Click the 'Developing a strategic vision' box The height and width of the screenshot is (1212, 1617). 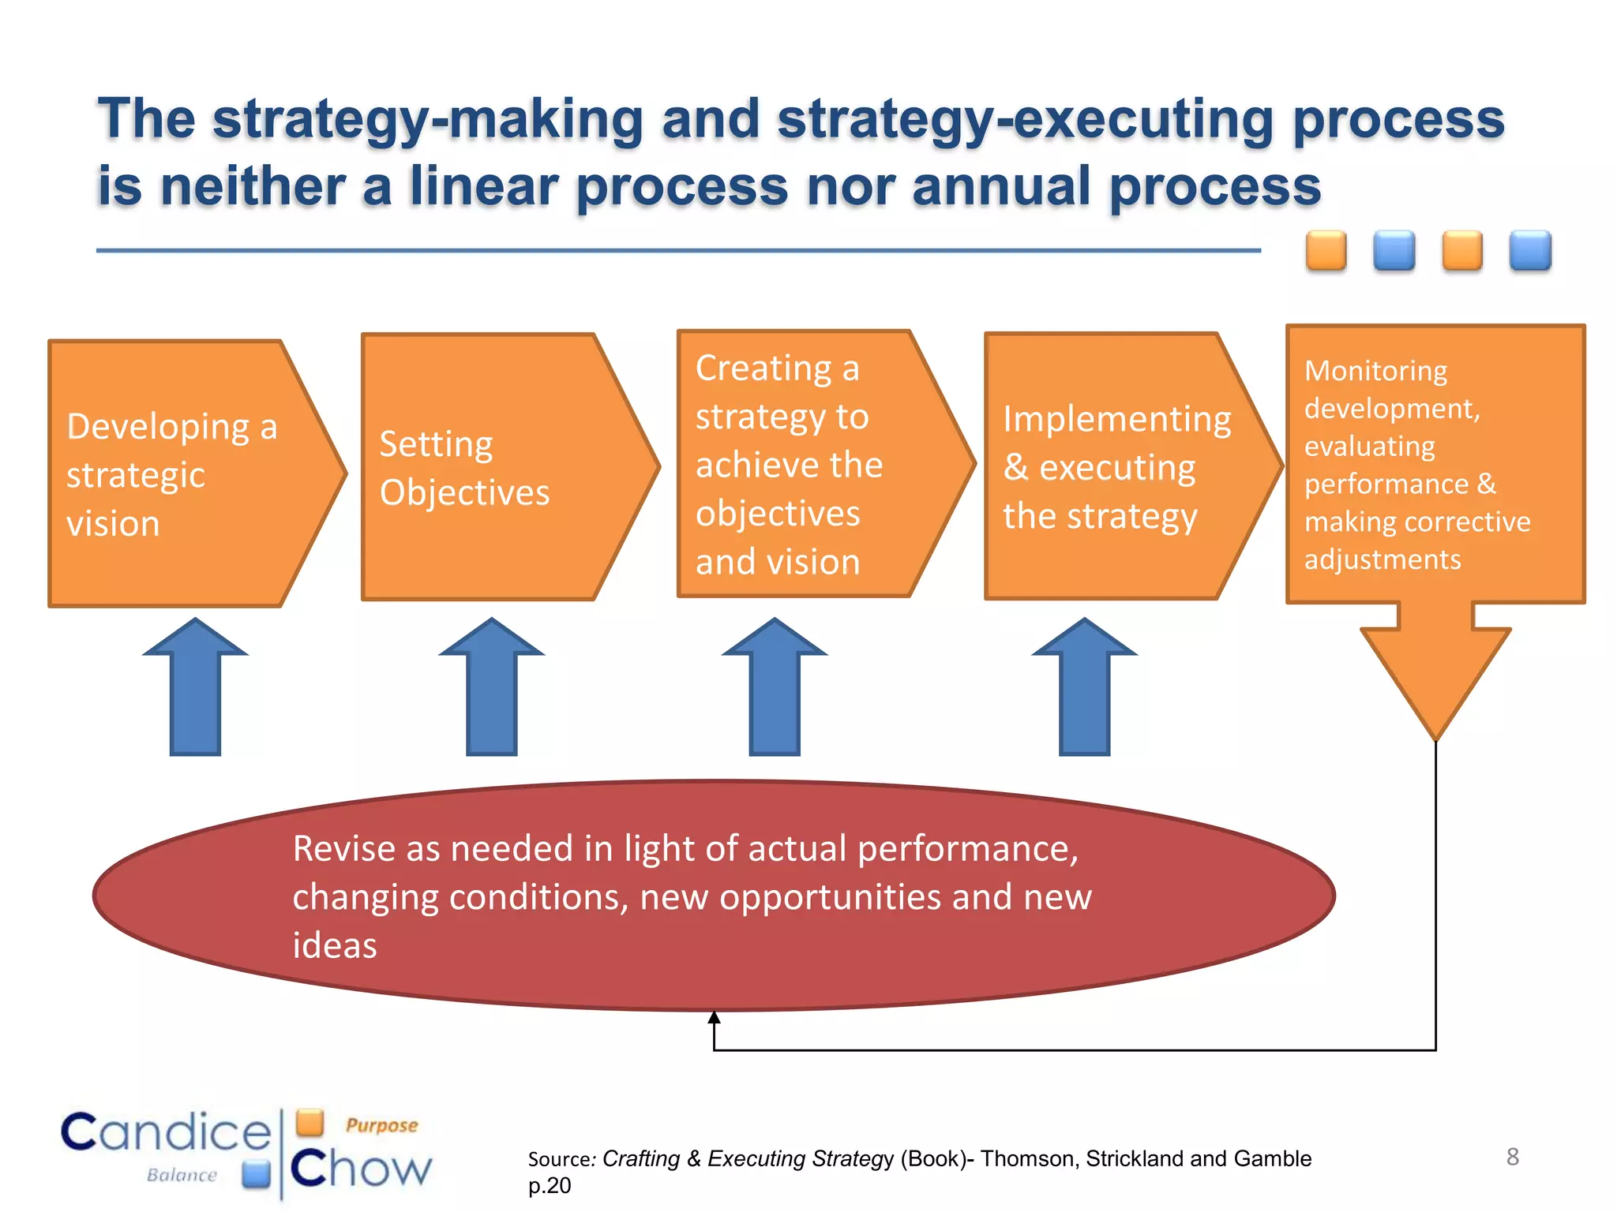(182, 473)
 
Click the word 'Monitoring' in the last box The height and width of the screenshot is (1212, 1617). (1375, 371)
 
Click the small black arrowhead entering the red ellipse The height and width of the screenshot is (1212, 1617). (714, 1018)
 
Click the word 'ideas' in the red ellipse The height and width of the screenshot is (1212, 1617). (335, 946)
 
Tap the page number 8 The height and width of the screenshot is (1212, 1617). (1512, 1157)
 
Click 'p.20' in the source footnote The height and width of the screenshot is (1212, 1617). (550, 1185)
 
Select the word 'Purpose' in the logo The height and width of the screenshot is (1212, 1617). (381, 1125)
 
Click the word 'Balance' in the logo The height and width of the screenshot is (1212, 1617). (182, 1175)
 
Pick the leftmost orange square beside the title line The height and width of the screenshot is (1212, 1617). (1326, 251)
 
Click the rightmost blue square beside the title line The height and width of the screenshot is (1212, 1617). (1530, 251)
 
